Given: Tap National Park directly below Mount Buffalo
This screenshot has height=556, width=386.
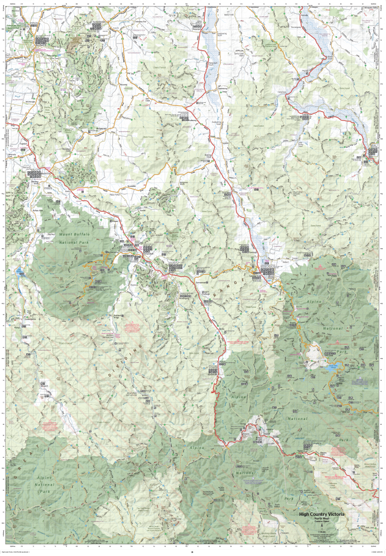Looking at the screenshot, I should tap(62, 243).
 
